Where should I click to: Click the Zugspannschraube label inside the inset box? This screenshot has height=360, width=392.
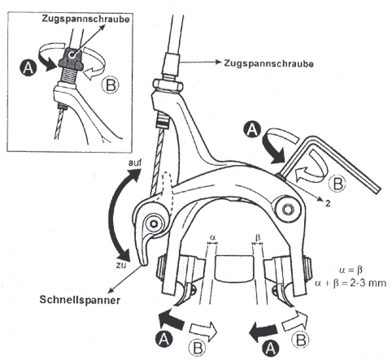[x=85, y=19]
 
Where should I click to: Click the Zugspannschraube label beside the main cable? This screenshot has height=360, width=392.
[x=269, y=63]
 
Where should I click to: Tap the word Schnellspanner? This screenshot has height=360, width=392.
[x=80, y=300]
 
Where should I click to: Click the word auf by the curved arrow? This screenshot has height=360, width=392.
[x=135, y=163]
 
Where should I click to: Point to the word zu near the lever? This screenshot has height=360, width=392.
[x=121, y=265]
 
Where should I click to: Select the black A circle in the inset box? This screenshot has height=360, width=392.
[x=28, y=67]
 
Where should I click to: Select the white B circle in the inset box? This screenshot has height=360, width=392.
[x=111, y=85]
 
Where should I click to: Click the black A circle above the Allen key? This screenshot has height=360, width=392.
[x=252, y=129]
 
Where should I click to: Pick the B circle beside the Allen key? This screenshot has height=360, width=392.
[x=338, y=184]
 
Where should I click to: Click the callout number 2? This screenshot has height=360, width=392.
[x=328, y=203]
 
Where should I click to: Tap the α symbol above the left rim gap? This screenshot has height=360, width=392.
[x=212, y=238]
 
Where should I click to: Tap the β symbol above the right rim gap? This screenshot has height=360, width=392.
[x=258, y=237]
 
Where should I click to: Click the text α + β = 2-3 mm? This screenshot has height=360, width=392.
[x=351, y=283]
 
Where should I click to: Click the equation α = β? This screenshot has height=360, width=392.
[x=351, y=270]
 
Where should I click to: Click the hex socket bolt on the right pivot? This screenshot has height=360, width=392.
[x=288, y=209]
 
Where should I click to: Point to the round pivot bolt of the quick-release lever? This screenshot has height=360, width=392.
[x=155, y=223]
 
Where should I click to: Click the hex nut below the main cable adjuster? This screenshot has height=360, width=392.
[x=168, y=85]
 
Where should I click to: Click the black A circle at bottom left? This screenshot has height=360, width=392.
[x=164, y=339]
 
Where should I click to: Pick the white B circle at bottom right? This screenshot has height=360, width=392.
[x=302, y=339]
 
